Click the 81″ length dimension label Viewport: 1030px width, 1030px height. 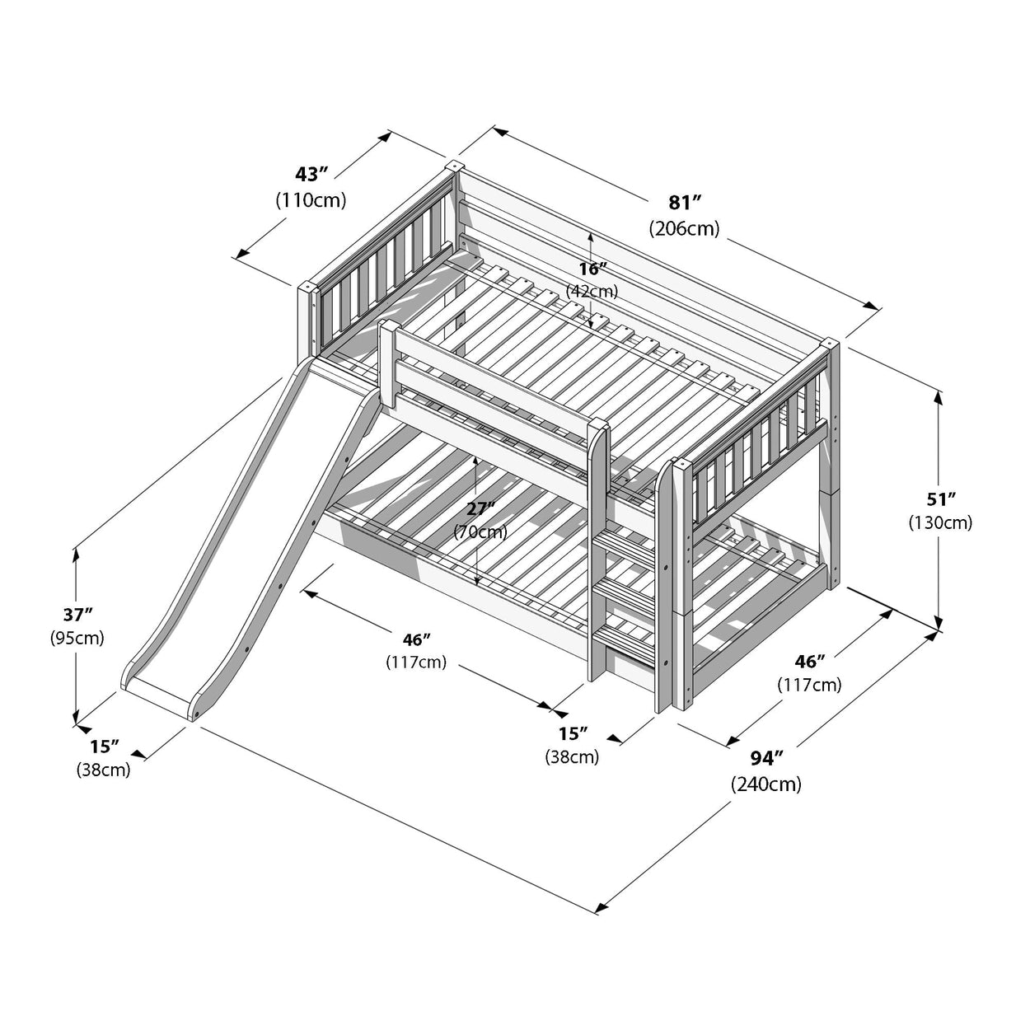coord(684,203)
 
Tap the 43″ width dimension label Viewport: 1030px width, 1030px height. coord(311,174)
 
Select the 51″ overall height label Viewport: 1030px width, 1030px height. coord(939,499)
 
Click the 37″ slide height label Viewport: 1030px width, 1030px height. coord(77,613)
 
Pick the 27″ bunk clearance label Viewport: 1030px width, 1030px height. coord(480,509)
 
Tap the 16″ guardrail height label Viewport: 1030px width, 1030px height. coord(592,269)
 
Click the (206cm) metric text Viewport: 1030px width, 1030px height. coord(684,228)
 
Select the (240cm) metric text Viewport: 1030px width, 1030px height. coord(765,784)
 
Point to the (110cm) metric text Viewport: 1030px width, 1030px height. coord(311,199)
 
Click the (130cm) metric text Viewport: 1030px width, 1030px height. coord(939,522)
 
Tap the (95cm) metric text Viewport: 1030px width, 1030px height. coord(77,637)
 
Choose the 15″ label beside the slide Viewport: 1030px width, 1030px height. coord(104,747)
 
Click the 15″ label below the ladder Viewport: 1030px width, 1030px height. coord(572,733)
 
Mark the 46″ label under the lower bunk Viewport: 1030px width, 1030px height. coord(416,639)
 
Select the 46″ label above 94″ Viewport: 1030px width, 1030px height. coord(809,661)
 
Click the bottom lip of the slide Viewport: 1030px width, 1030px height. coord(160,692)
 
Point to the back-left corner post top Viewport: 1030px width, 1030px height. coord(452,166)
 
